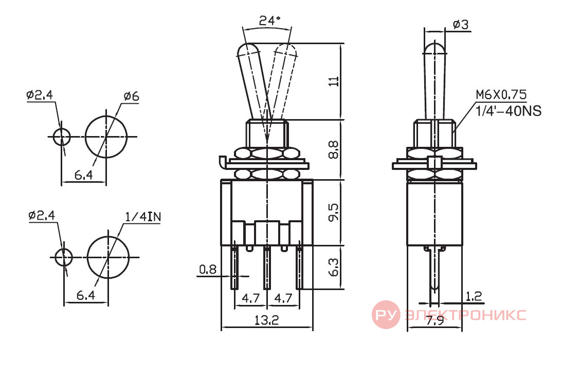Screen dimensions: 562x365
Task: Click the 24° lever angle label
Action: point(269,21)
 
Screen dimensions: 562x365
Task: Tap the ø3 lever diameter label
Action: point(461,24)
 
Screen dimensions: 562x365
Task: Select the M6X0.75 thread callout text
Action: point(501,94)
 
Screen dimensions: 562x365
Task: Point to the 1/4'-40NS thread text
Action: point(508,111)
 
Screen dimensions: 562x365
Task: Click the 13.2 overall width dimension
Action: point(267,319)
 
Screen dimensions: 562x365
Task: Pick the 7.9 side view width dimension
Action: point(435,320)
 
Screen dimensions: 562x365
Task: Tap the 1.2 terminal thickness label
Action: point(474,296)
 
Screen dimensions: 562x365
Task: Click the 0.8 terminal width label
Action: point(208,269)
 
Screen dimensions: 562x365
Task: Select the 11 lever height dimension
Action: point(333,81)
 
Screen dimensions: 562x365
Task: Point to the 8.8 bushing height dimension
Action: point(333,149)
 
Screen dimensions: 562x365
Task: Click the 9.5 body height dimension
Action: point(333,213)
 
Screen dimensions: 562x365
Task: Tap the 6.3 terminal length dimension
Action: point(333,267)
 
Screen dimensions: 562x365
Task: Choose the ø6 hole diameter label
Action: point(131,97)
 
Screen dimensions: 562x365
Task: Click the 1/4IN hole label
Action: point(143,217)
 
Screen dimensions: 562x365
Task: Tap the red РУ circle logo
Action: point(386,315)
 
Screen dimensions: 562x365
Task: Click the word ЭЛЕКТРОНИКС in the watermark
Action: point(465,315)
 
